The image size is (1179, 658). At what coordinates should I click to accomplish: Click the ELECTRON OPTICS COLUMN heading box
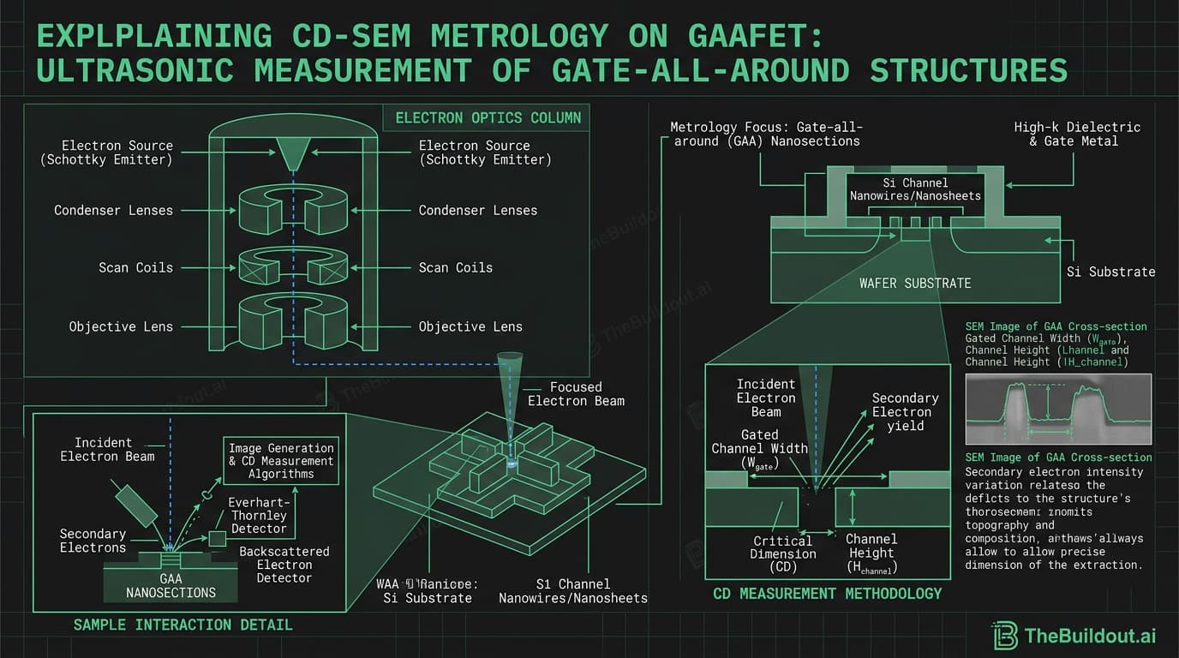(x=488, y=117)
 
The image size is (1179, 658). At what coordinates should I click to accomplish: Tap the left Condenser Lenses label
(x=113, y=210)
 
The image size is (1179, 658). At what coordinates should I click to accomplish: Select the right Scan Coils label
(x=456, y=267)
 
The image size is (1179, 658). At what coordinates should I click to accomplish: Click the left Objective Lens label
(x=121, y=326)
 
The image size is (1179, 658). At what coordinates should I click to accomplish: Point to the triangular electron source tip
(x=295, y=155)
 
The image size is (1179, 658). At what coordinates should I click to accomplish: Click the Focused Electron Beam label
(x=576, y=393)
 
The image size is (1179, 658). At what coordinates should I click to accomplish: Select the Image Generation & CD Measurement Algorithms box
(x=281, y=461)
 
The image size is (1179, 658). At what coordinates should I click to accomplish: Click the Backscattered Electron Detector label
(x=284, y=565)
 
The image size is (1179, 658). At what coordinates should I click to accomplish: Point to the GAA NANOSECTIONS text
(x=171, y=585)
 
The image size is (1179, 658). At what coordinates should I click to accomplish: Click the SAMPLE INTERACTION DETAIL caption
(x=183, y=625)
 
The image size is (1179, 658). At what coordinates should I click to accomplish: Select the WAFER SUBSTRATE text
(x=914, y=282)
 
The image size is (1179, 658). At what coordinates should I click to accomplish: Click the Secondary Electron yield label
(x=905, y=411)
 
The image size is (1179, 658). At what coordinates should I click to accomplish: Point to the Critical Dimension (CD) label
(x=782, y=553)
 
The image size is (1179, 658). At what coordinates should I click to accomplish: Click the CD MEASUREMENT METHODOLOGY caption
(x=827, y=593)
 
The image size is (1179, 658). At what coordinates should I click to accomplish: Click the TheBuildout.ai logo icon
(x=1007, y=635)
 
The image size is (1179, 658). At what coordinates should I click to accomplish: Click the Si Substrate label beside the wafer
(x=1110, y=272)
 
